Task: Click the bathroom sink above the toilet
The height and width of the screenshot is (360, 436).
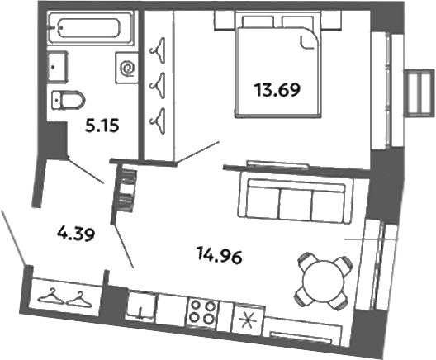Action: coord(55,64)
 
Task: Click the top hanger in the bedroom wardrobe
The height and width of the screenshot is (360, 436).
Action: coord(156,50)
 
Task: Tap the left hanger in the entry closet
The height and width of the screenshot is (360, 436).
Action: coord(52,294)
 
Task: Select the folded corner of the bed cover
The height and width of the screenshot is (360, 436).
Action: coord(310,41)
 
